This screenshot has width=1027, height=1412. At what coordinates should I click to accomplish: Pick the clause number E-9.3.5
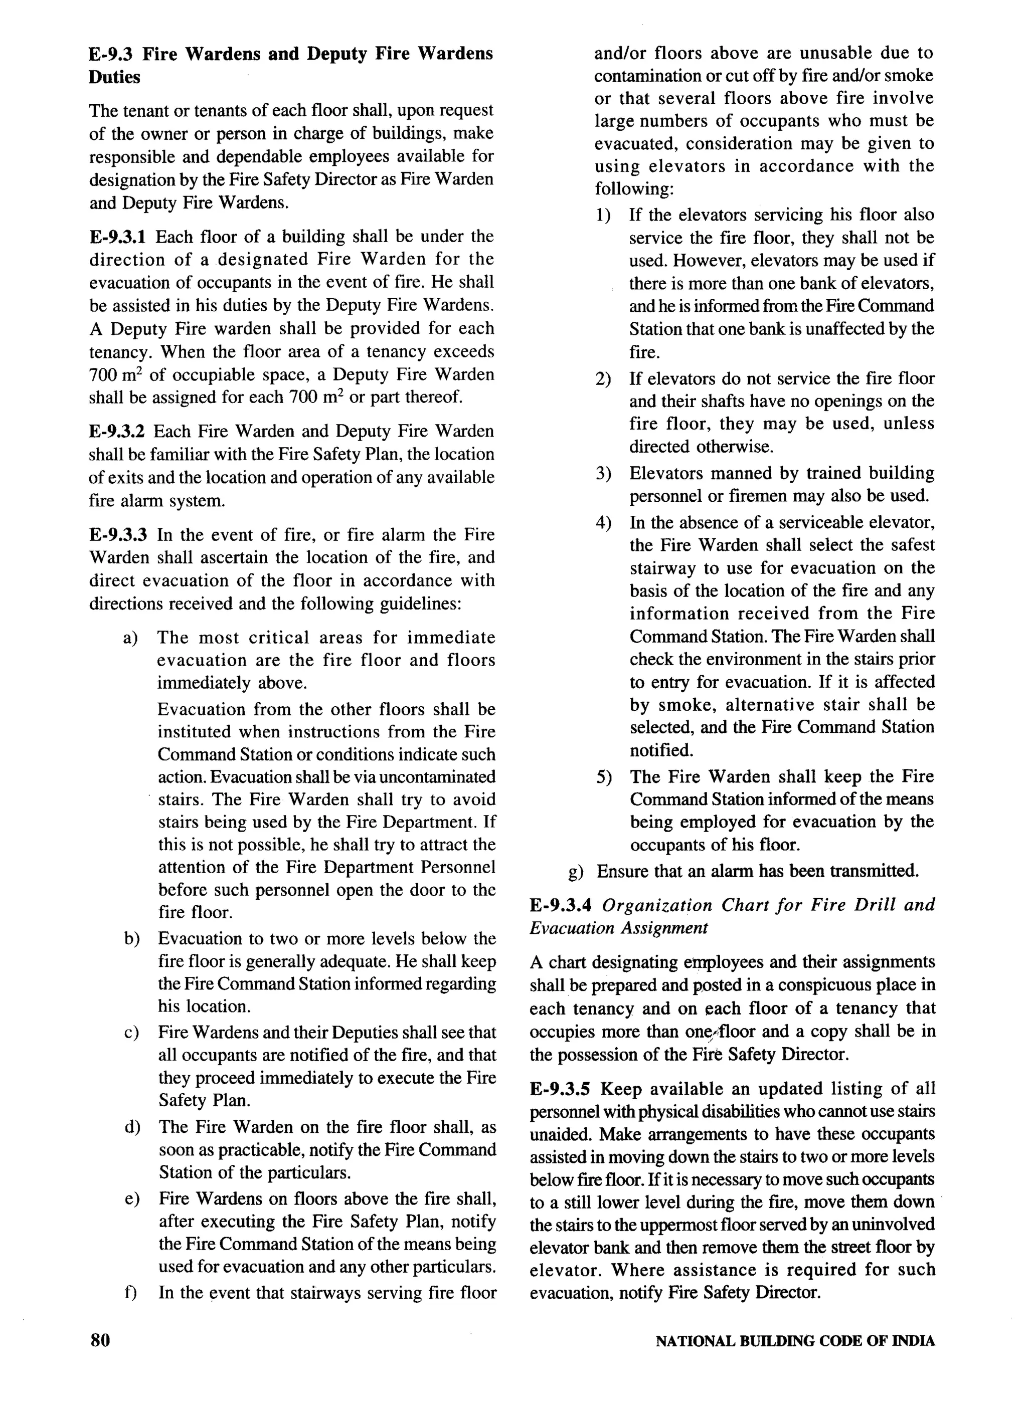point(560,1088)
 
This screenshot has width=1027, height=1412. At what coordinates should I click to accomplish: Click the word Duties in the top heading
point(115,77)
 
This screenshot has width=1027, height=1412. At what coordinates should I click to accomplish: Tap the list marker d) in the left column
point(131,1127)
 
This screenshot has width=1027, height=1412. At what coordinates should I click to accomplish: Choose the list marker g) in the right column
point(576,871)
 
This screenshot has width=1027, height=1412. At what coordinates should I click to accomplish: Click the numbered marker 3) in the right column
point(602,473)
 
